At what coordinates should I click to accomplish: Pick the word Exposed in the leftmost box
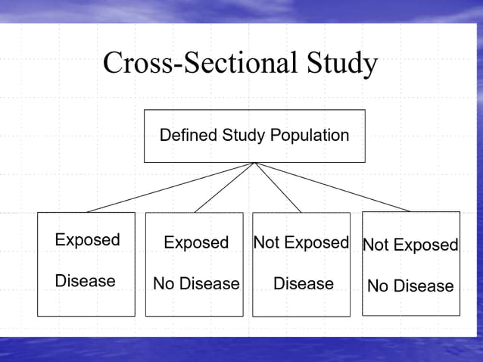[x=87, y=240]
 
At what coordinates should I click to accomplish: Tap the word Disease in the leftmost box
[x=85, y=281]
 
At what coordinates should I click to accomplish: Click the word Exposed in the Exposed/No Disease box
[x=196, y=242]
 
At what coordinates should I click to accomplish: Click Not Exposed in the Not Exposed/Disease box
[x=301, y=242]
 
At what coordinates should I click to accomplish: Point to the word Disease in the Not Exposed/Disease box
[x=303, y=283]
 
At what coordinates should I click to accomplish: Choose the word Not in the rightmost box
[x=375, y=245]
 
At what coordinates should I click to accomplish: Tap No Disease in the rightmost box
[x=410, y=286]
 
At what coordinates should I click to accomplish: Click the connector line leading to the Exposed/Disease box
[x=170, y=187]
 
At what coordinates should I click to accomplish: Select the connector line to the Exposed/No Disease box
[x=225, y=187]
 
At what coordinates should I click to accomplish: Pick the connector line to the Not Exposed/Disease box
[x=278, y=187]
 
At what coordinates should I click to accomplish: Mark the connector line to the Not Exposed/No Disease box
[x=333, y=187]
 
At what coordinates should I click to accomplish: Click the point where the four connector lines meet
[x=255, y=162]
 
